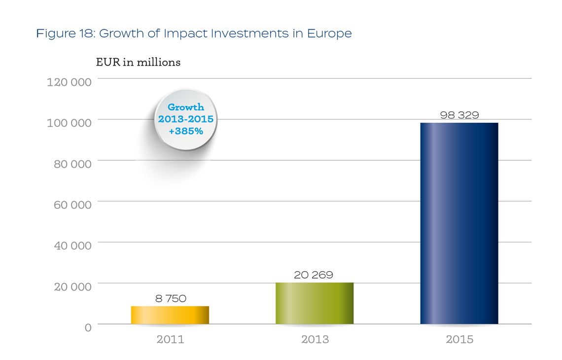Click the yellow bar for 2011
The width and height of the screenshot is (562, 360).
[x=170, y=315]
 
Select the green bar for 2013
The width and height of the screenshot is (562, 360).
[x=315, y=303]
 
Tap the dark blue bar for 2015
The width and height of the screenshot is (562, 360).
[x=459, y=223]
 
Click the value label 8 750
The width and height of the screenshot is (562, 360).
[x=170, y=299]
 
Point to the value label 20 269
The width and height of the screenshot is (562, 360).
[x=314, y=275]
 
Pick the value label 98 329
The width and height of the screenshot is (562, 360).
[x=459, y=115]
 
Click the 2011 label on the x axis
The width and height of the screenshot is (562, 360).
[x=170, y=340]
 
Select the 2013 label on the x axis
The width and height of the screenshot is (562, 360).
[x=315, y=340]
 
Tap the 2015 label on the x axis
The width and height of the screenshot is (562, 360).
[x=459, y=340]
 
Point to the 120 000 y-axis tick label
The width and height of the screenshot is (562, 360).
[x=70, y=82]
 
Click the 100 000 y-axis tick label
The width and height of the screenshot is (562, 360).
[x=70, y=123]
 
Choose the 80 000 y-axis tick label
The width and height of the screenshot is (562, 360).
[x=72, y=164]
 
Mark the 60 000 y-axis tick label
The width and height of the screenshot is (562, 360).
[x=72, y=205]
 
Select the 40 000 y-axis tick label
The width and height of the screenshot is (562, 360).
[x=72, y=246]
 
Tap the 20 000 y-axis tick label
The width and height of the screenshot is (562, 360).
[x=72, y=287]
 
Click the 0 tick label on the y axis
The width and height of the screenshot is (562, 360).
[x=88, y=327]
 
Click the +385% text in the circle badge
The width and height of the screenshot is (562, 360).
[x=185, y=132]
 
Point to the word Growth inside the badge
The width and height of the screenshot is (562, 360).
[x=186, y=108]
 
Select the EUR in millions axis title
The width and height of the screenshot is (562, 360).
[x=138, y=63]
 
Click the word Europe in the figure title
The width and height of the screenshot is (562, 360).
[x=329, y=34]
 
